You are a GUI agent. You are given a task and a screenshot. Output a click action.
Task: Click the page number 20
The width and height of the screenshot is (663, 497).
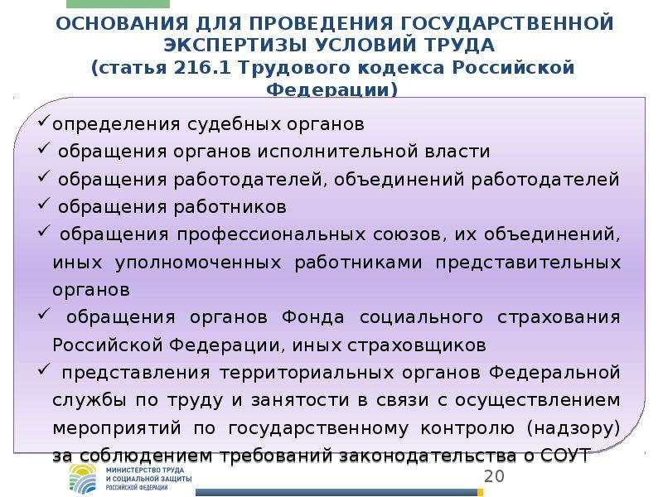(494, 476)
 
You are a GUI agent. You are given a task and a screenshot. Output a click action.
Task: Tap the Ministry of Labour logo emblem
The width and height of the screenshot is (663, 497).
(84, 479)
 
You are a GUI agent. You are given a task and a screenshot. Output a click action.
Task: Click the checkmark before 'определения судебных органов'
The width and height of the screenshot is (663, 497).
(44, 122)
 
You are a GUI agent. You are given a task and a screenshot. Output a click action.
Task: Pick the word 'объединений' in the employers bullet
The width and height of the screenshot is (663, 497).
(399, 179)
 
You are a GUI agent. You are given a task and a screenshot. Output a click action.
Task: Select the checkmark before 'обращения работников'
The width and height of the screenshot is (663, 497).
(44, 204)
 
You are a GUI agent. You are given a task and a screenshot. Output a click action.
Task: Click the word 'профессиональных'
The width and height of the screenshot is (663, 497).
(271, 234)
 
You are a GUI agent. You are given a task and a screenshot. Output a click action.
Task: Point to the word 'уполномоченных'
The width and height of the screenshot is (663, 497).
(198, 263)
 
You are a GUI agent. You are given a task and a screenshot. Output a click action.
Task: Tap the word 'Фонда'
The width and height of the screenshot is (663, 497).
(313, 317)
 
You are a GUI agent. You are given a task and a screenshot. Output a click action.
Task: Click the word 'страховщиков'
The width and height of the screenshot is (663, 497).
(417, 345)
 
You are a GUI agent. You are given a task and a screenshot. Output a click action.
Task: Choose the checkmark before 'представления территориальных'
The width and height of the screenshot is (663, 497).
(44, 369)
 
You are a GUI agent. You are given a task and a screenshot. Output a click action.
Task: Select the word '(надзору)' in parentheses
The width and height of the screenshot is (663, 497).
(573, 428)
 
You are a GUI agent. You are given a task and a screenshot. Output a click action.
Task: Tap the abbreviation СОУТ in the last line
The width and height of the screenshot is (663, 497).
(565, 455)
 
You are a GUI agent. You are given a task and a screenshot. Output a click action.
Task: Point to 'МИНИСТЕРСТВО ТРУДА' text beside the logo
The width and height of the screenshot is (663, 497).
(145, 470)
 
